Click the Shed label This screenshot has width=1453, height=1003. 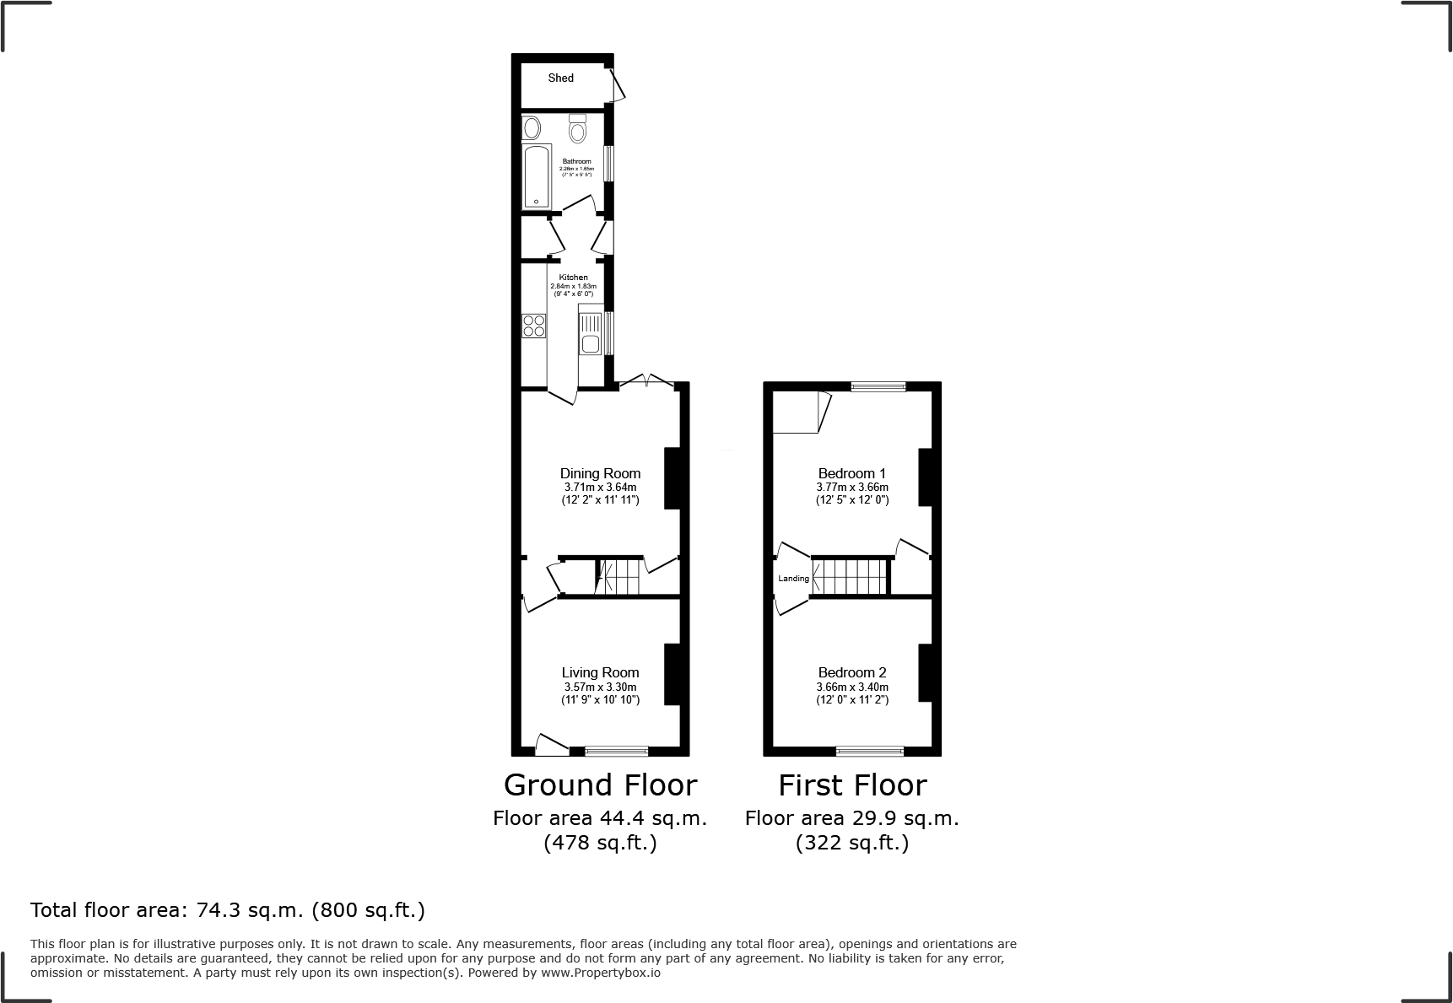tap(560, 78)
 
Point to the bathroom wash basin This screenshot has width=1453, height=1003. tap(532, 129)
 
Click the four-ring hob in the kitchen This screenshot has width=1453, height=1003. tap(533, 326)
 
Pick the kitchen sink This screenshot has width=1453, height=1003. tap(590, 334)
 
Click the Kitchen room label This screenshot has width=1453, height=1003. tap(573, 278)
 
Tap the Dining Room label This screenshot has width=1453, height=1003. tap(600, 473)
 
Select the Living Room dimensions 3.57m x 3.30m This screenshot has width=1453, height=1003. tap(600, 688)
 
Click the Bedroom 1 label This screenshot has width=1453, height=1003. tap(851, 473)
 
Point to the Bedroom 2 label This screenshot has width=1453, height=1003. tap(851, 672)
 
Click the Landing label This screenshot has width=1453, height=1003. tap(793, 579)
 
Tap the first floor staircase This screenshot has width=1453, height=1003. tap(852, 577)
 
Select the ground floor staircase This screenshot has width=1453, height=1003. tap(619, 577)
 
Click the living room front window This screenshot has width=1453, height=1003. tap(617, 751)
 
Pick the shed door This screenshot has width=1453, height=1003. tap(618, 85)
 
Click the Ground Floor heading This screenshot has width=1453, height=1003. tap(600, 785)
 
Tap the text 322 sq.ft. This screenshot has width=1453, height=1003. tap(851, 843)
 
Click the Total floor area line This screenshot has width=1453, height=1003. tap(228, 910)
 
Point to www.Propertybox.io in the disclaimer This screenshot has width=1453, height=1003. tap(601, 973)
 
